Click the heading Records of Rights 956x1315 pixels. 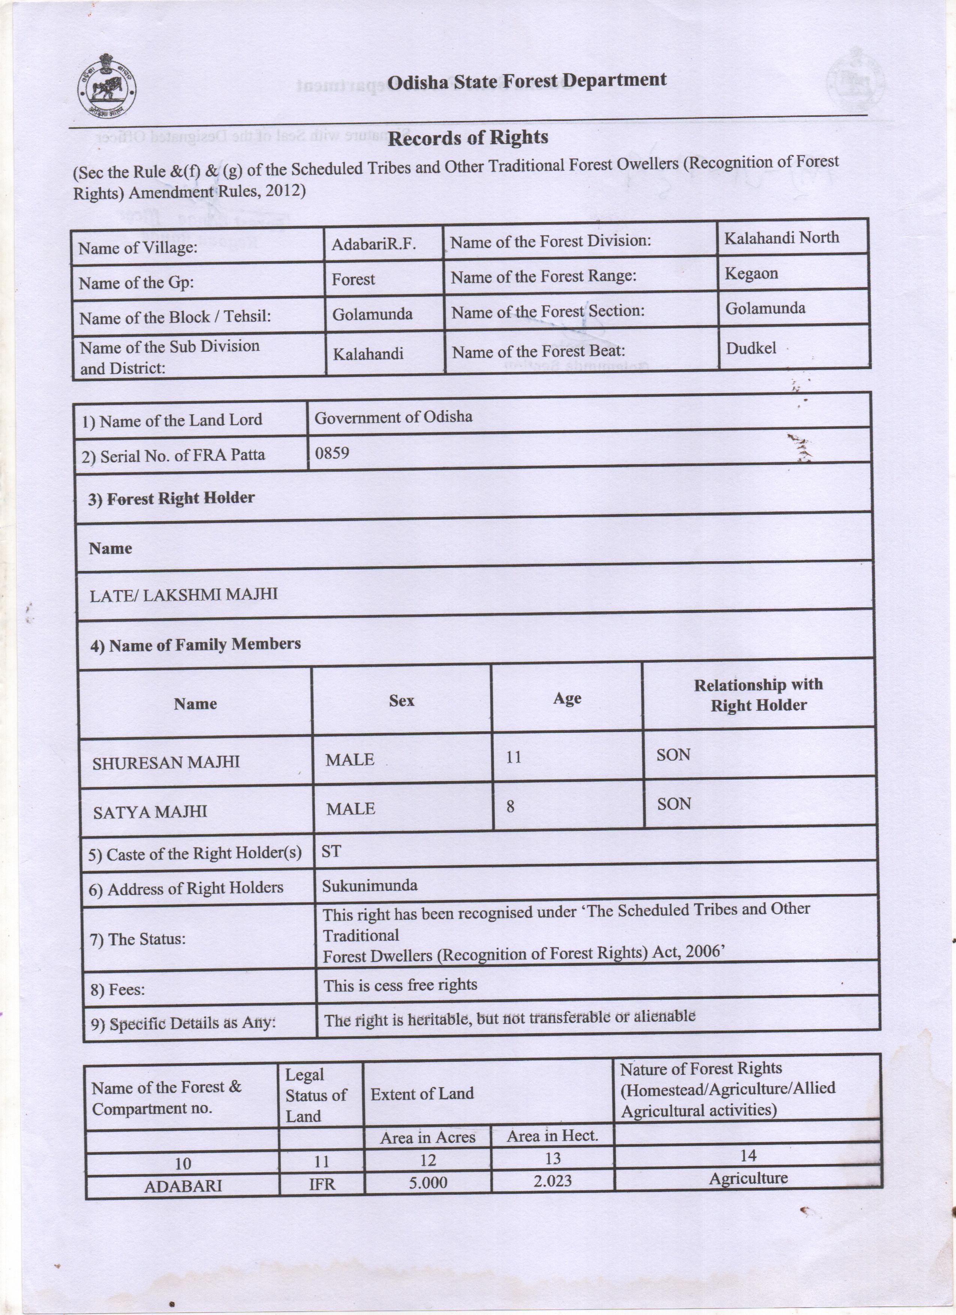click(468, 138)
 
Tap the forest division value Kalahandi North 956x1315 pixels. click(781, 238)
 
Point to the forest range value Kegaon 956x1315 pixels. click(751, 273)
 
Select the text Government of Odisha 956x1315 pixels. click(393, 417)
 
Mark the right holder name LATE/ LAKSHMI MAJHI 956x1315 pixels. click(183, 594)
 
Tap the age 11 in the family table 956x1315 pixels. click(513, 757)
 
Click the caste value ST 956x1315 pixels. click(331, 851)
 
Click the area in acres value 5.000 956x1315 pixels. click(427, 1182)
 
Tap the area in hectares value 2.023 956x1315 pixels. click(552, 1181)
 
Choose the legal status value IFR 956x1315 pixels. click(322, 1184)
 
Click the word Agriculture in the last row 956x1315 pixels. click(748, 1178)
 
